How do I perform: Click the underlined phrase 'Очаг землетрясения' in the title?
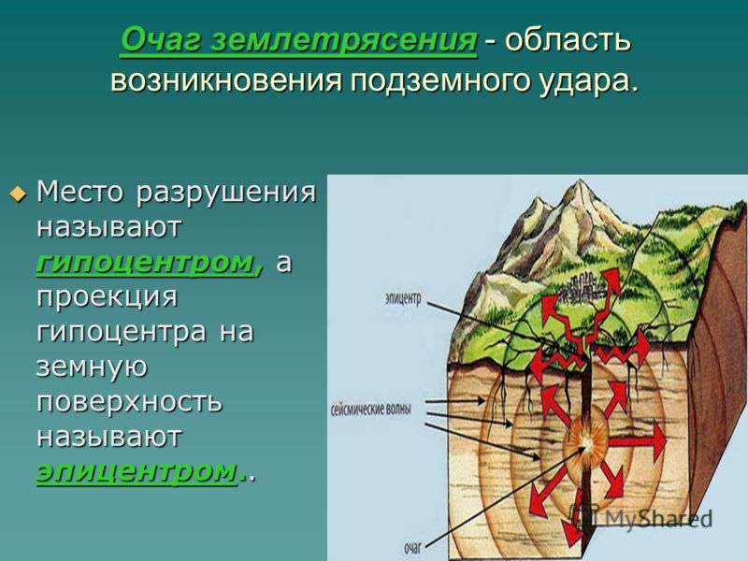[298, 41]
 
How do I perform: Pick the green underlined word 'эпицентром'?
[137, 471]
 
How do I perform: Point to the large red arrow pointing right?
[643, 437]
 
